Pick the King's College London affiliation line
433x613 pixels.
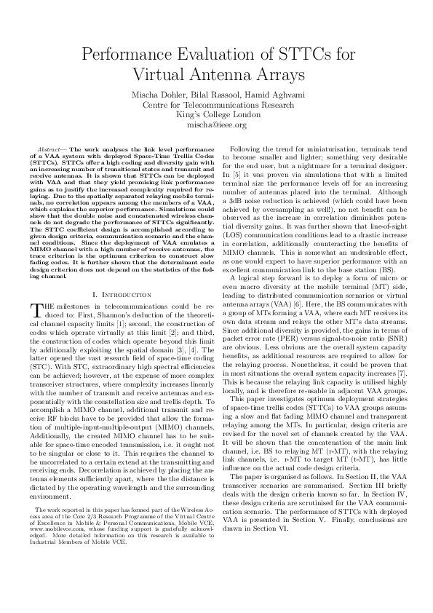[x=216, y=114]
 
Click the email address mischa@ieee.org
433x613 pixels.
[x=216, y=124]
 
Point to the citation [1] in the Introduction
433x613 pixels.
[x=125, y=320]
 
